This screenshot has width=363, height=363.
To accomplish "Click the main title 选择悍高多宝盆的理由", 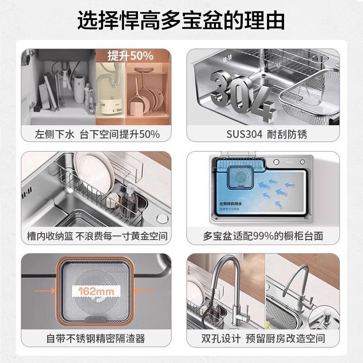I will point(181,21).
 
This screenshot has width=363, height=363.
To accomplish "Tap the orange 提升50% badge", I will point(130,56).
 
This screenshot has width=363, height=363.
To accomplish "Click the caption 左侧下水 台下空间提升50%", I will point(97,134).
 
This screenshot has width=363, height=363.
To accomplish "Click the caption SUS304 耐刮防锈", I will point(263,134).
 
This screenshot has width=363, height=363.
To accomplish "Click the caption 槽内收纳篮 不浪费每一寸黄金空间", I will point(97,236).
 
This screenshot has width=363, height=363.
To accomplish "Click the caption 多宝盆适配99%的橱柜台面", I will point(263,236).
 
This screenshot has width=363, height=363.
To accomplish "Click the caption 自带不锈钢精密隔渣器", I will point(97,338).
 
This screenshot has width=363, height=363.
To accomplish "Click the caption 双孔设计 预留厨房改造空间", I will point(263,338).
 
